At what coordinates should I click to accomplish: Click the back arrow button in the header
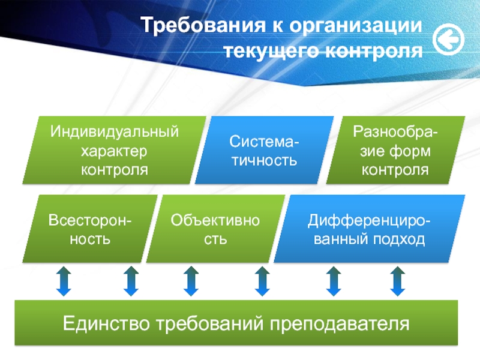coord(447,39)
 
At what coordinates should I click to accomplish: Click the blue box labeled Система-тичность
coord(264,150)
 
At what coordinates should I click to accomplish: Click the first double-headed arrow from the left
coord(64,281)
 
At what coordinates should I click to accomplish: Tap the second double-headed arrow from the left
coord(130,281)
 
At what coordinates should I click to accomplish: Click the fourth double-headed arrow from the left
coord(262,281)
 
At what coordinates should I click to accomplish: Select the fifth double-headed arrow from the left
coord(333,281)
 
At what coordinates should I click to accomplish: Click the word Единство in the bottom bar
coord(107,324)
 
